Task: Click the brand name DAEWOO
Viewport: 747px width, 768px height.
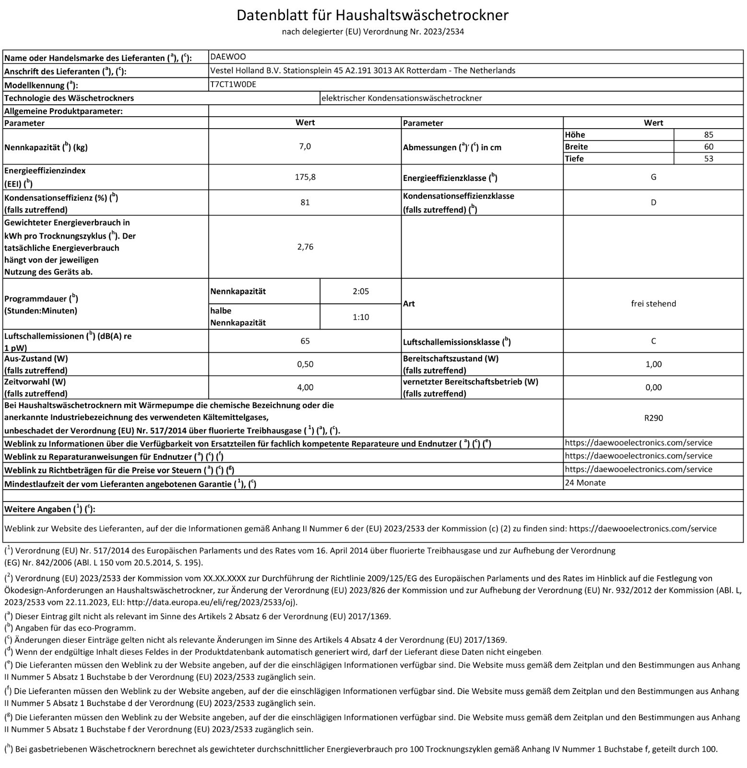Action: (228, 57)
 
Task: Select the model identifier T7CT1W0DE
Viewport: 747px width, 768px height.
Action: (233, 84)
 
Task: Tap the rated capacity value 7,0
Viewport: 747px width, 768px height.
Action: (305, 146)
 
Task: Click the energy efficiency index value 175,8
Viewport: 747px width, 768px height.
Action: (305, 177)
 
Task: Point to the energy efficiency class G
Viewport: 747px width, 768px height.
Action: (653, 177)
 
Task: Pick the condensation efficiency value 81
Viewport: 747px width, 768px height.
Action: (305, 203)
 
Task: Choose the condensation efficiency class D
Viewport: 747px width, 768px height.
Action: (653, 203)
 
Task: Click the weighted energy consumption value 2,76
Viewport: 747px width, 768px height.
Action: (305, 247)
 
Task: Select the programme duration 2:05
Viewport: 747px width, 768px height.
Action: (361, 291)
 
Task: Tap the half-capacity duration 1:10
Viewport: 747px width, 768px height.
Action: (361, 317)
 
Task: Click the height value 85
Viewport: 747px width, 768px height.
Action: (709, 135)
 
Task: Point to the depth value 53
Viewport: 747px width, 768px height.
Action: (709, 159)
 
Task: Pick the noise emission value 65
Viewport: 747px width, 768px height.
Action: (305, 341)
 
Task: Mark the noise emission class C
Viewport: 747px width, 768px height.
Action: (653, 341)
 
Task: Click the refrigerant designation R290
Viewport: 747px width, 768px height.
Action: (653, 418)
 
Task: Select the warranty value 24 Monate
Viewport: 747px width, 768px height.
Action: (585, 483)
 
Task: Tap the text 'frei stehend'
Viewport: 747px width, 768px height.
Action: (653, 304)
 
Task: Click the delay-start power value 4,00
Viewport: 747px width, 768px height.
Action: (305, 387)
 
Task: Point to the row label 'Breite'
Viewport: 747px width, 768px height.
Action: (576, 147)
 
